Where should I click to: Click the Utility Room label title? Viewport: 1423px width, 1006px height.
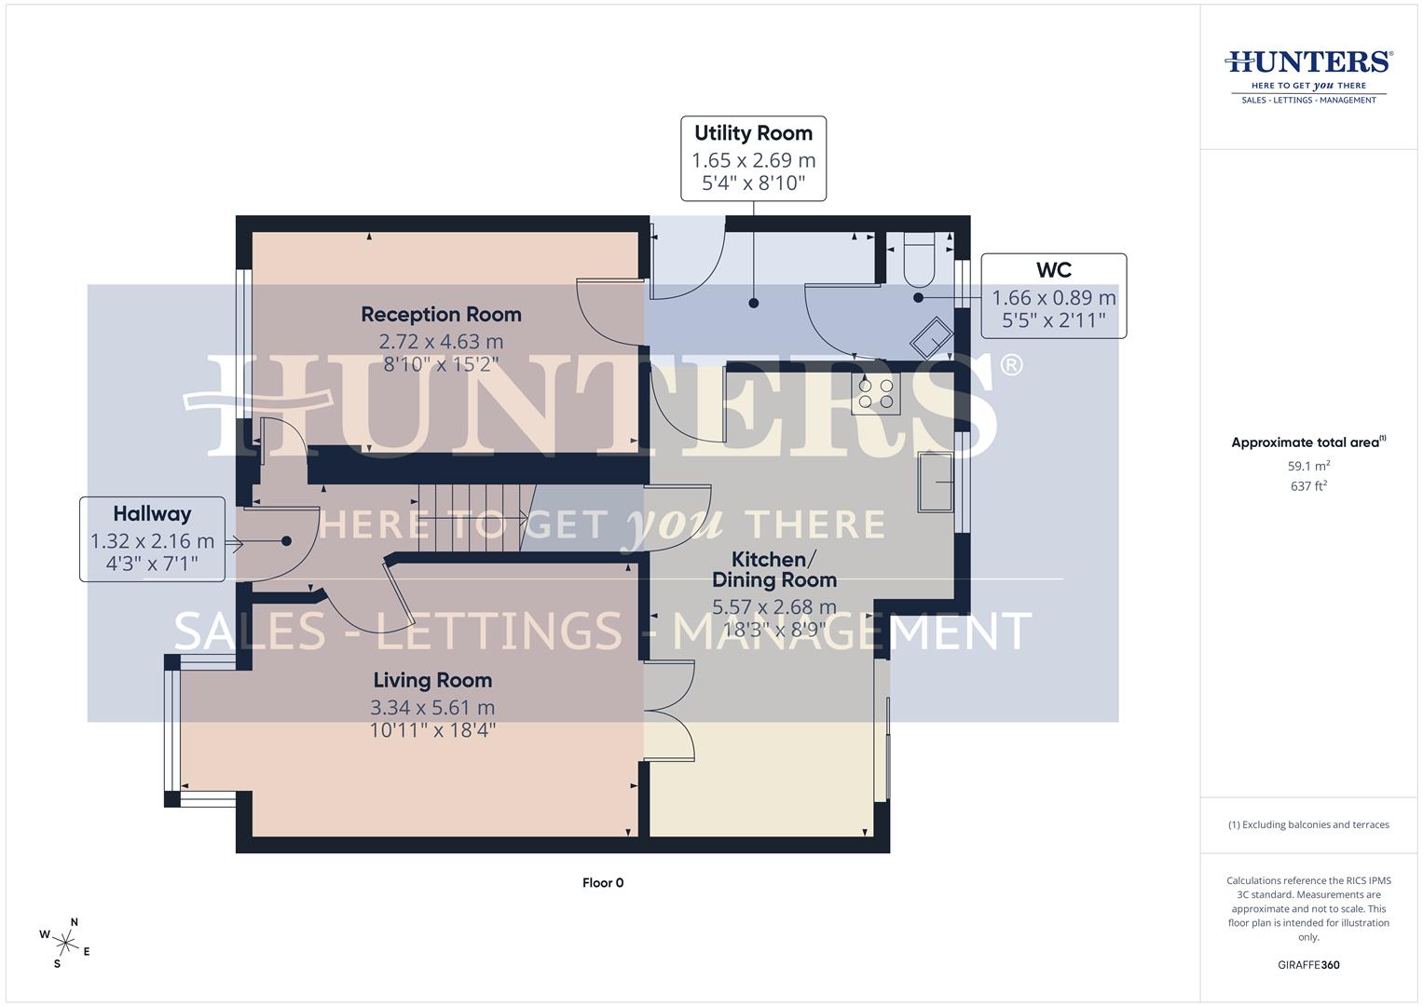click(753, 133)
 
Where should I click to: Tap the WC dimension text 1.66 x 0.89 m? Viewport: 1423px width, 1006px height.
click(1053, 298)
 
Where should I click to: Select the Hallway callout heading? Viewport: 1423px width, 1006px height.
click(152, 513)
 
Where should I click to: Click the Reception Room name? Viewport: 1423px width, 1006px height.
click(441, 315)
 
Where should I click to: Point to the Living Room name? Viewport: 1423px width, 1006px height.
click(432, 680)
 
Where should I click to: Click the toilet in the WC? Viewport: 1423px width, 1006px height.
click(919, 260)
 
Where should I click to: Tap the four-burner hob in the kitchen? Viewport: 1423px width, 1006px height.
click(876, 394)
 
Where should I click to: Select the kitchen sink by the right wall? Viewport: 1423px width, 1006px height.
click(936, 482)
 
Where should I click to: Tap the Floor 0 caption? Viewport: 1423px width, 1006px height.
click(603, 883)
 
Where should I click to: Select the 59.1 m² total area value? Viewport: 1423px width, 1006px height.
click(1308, 465)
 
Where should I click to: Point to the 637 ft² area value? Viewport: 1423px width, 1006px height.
click(1308, 486)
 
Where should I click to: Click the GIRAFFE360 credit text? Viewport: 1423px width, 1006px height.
click(1308, 965)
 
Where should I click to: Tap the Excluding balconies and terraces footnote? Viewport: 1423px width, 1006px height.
click(1308, 824)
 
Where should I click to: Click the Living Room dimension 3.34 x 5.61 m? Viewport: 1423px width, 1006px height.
click(432, 708)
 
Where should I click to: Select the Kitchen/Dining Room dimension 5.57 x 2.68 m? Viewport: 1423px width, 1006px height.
click(774, 607)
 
